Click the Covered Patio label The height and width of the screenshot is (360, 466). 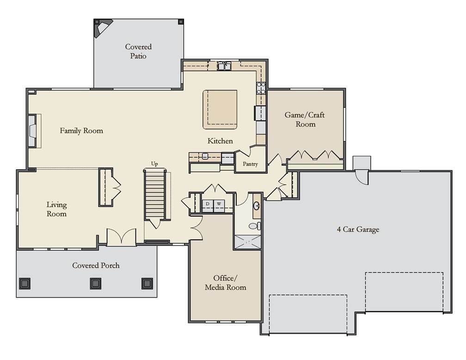138,51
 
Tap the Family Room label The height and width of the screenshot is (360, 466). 81,130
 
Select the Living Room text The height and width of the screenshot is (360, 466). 56,209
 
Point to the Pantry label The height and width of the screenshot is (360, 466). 250,164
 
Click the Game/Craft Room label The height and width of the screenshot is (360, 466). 305,119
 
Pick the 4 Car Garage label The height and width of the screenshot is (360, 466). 358,230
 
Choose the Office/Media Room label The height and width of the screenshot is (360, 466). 226,283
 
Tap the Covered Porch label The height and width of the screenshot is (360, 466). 96,266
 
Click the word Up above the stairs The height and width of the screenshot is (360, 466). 154,164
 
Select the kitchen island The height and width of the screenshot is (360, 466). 220,110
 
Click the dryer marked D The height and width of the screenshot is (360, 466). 208,204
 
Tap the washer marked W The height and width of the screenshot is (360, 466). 219,204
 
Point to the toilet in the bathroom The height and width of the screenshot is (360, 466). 255,226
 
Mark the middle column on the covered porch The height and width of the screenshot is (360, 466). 96,284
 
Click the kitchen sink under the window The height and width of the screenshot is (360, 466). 224,66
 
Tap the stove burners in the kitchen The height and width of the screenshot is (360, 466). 261,88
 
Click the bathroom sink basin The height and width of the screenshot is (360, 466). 257,205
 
